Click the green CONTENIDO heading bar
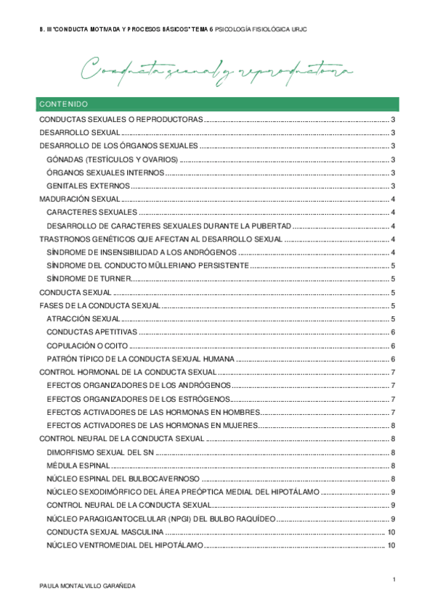click(217, 104)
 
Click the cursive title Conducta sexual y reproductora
click(217, 71)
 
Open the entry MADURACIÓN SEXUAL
click(79, 199)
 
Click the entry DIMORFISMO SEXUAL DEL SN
click(99, 452)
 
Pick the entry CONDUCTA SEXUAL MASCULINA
click(110, 532)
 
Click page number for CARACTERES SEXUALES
click(392, 212)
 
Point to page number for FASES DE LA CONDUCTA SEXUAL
click(392, 306)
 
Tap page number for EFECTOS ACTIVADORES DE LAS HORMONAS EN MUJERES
click(392, 426)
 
